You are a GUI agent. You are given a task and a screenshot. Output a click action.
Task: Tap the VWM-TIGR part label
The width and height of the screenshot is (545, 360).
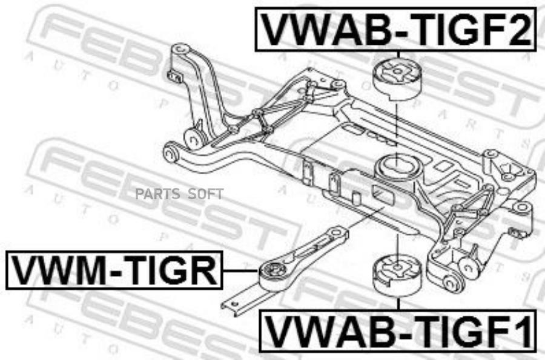point(114,270)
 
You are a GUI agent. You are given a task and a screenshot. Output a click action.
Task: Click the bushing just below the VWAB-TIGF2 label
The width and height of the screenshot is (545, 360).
point(397,79)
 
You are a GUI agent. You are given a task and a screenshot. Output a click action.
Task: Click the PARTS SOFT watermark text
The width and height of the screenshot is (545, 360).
point(179,194)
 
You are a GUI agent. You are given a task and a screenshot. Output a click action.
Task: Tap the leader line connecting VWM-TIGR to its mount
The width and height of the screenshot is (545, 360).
point(240,271)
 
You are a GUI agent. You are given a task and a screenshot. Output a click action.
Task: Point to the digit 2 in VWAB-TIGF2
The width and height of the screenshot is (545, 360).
point(518,29)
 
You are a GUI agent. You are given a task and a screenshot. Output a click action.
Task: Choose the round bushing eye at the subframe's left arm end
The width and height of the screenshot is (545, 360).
point(171,152)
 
